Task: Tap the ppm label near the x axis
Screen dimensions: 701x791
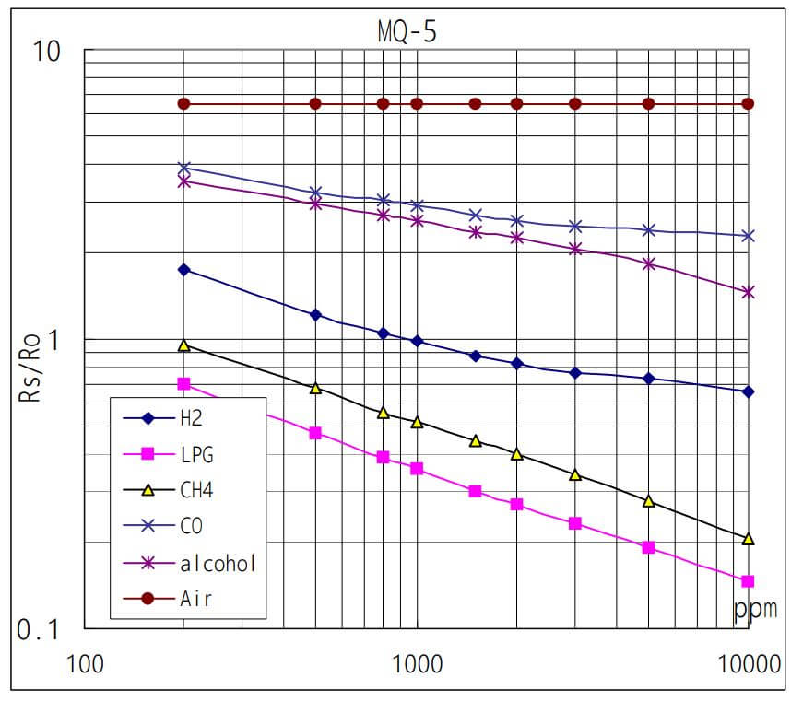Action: pyautogui.click(x=756, y=609)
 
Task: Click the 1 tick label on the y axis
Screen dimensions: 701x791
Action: pyautogui.click(x=54, y=340)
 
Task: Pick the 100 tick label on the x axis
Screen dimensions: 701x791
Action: pyautogui.click(x=84, y=664)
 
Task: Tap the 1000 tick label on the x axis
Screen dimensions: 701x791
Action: pyautogui.click(x=417, y=664)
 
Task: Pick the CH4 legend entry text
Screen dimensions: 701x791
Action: pyautogui.click(x=196, y=490)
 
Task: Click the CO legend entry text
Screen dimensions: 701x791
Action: pyautogui.click(x=191, y=526)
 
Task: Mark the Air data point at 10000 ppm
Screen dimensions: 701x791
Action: pyautogui.click(x=748, y=104)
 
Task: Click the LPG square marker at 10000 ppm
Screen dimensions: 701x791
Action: pyautogui.click(x=748, y=581)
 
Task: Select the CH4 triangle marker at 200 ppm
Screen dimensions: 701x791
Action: pyautogui.click(x=183, y=345)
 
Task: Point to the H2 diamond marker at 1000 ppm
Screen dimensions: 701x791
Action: pyautogui.click(x=417, y=341)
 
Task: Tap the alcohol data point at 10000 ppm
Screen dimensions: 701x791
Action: pyautogui.click(x=748, y=292)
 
